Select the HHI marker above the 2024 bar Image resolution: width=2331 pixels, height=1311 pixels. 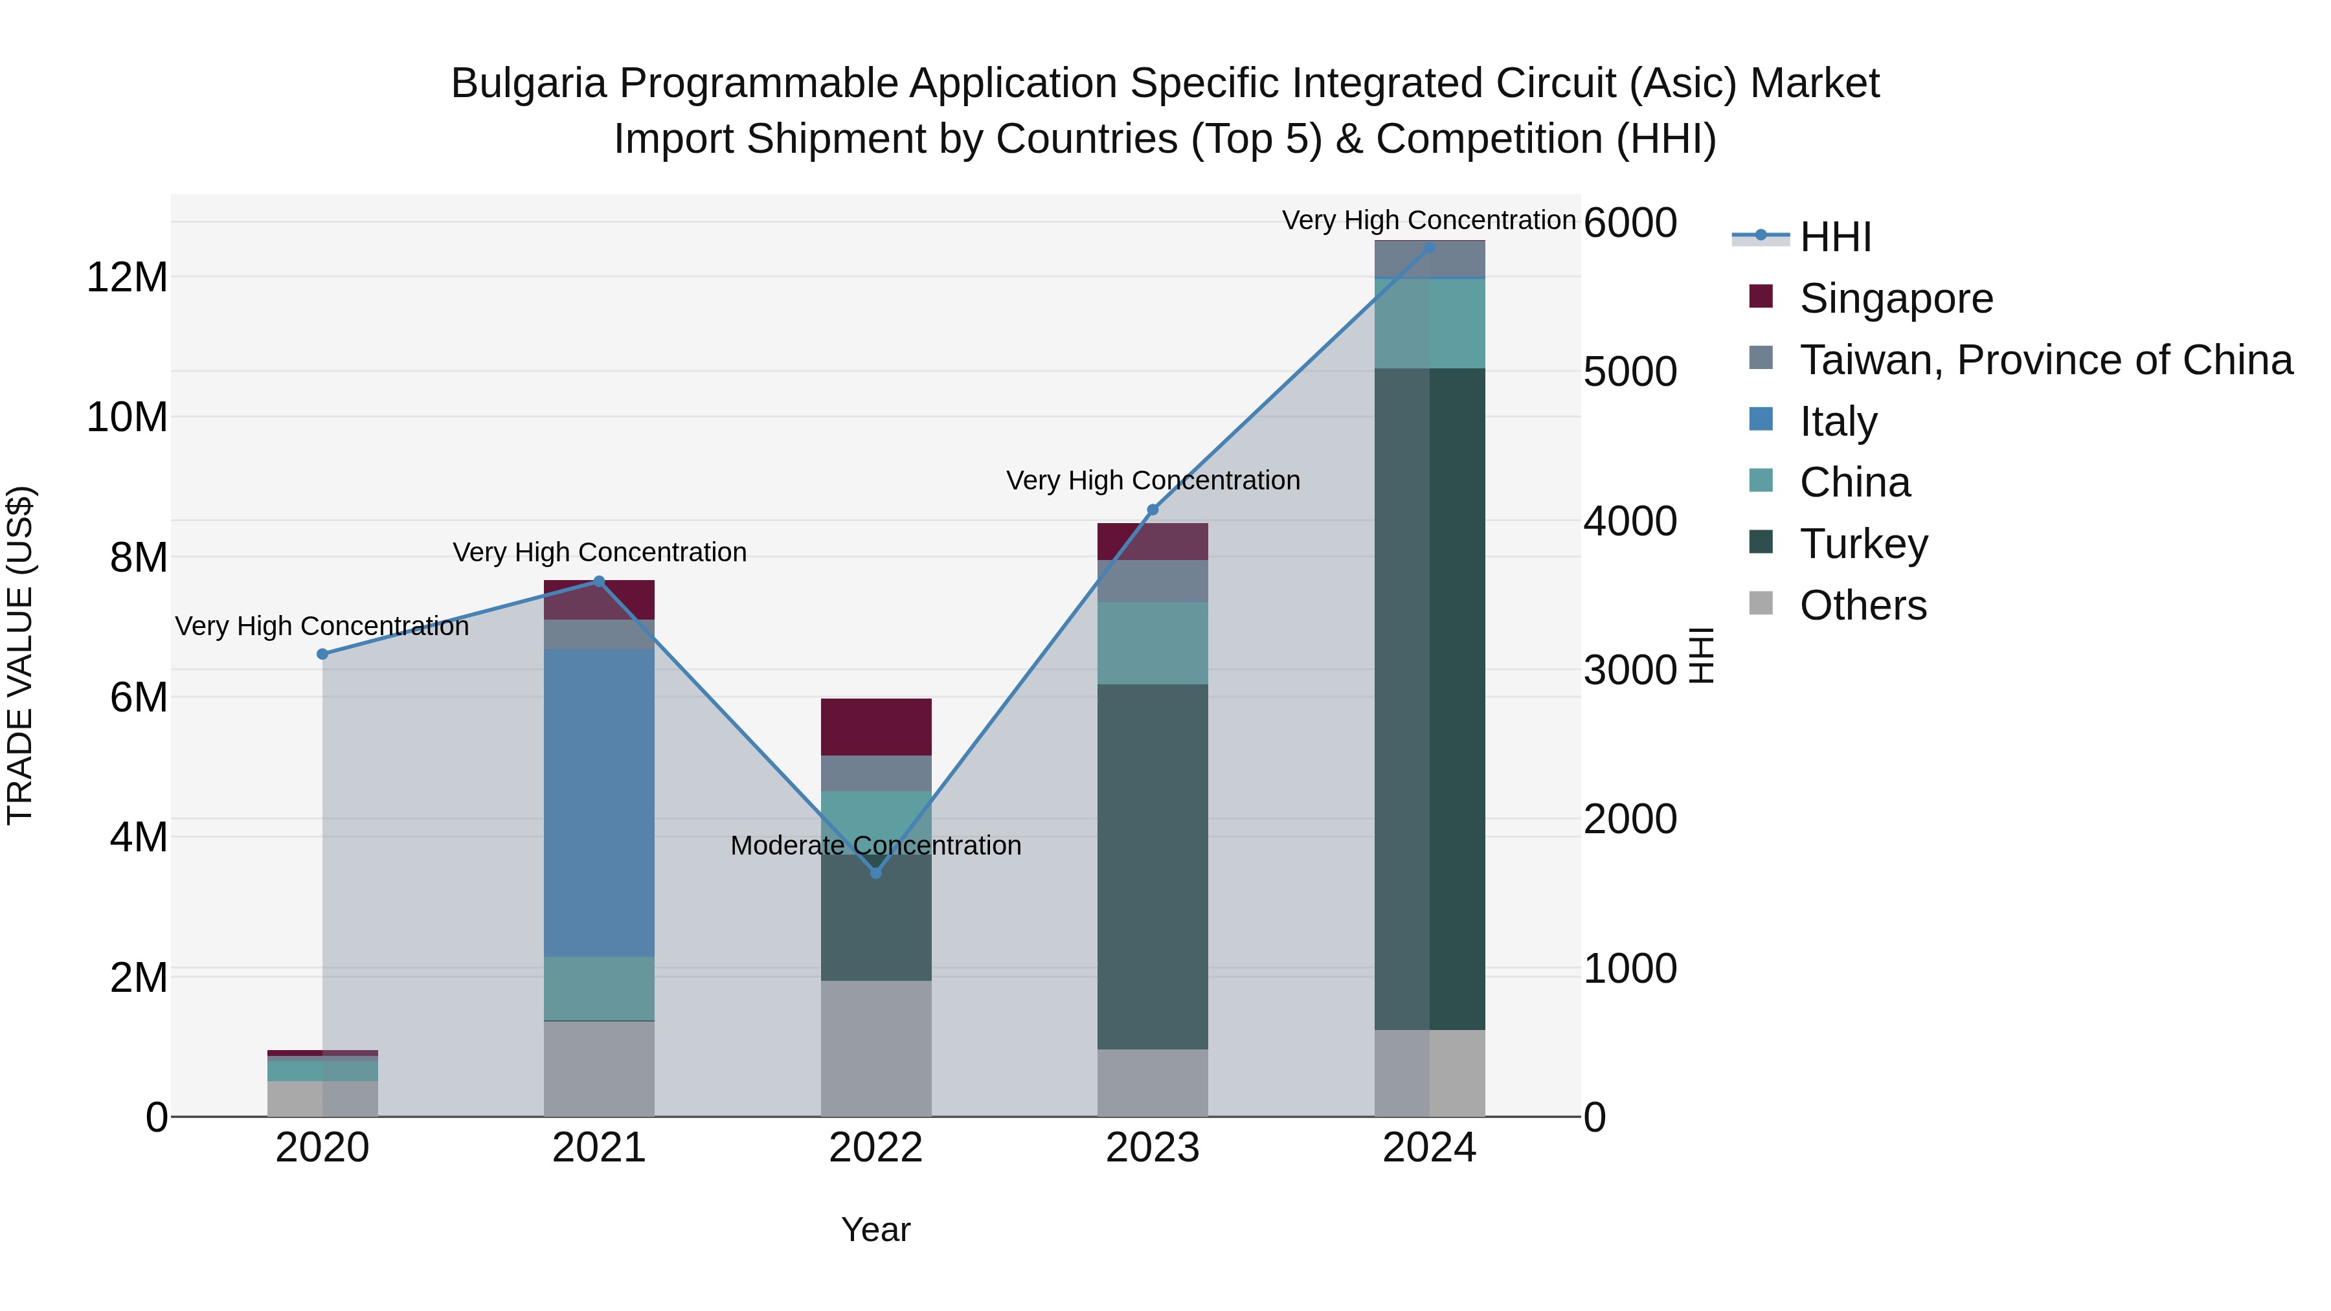point(1429,247)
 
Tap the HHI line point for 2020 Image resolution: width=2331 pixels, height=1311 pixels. point(322,653)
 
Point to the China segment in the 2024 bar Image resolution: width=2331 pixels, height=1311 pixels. point(1429,322)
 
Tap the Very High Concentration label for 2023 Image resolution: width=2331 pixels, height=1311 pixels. point(1152,480)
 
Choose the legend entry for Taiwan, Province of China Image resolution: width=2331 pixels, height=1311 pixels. point(2045,359)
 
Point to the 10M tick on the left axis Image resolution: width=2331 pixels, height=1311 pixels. point(127,417)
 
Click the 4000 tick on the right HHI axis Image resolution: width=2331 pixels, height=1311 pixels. point(1630,521)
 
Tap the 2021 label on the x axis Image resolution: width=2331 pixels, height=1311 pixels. point(598,1148)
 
